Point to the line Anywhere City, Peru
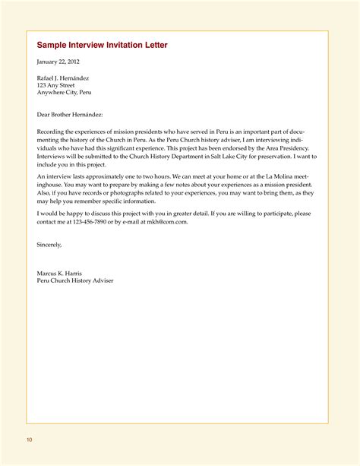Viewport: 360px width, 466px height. coord(65,93)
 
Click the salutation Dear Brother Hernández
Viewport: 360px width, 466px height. coord(69,114)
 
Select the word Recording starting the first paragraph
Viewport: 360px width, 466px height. coord(51,132)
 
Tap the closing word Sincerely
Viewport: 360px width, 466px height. coord(49,245)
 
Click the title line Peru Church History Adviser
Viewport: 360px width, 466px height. coord(75,281)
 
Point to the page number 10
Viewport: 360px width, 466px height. coord(29,440)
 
